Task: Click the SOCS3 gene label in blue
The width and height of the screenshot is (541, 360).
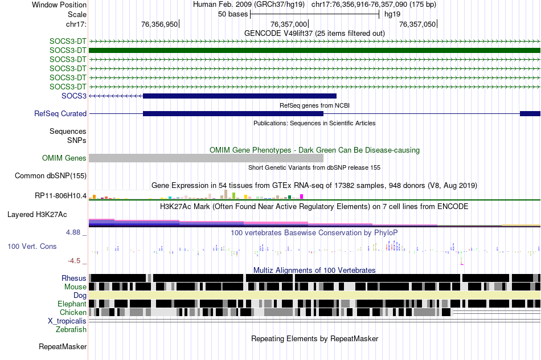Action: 74,96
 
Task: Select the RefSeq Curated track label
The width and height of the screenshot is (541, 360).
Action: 60,114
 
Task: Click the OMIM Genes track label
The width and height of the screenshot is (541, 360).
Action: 64,158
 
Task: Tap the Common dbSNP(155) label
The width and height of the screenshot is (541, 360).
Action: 51,176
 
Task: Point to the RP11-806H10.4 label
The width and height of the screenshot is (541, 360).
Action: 60,196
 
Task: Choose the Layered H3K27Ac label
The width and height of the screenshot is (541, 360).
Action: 37,215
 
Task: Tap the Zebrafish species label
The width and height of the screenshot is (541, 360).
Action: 71,330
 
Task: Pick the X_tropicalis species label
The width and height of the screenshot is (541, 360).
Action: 67,321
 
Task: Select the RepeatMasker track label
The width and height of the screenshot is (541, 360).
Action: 63,346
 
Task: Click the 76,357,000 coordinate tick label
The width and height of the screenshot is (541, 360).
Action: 289,24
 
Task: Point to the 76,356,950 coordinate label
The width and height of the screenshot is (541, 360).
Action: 159,24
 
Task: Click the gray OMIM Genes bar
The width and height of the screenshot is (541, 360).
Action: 206,158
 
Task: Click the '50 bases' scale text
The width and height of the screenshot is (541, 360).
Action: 232,14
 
